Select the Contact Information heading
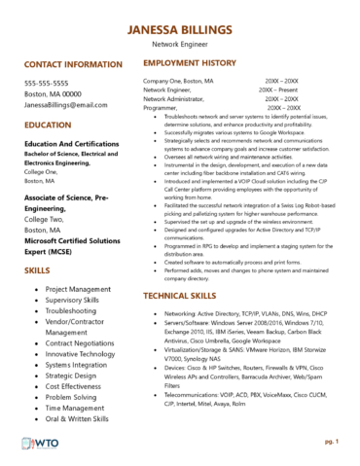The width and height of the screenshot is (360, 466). [73, 64]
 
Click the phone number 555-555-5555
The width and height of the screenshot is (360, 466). [53, 83]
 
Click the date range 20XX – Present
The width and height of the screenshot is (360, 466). [278, 90]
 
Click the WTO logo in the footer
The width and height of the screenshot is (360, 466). [39, 444]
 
